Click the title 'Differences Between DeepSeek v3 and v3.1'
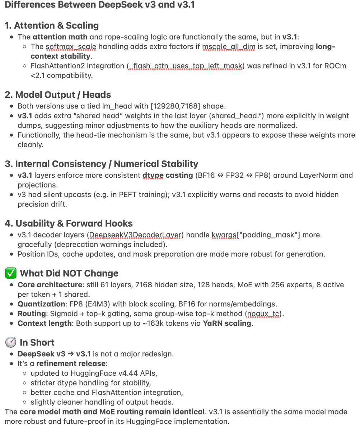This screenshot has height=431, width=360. click(x=100, y=6)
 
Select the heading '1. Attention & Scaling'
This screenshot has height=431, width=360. click(x=52, y=26)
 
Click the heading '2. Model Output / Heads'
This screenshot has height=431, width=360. click(x=58, y=94)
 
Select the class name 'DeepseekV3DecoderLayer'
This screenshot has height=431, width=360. click(x=125, y=235)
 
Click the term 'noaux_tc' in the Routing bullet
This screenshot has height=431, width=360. click(x=264, y=313)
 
